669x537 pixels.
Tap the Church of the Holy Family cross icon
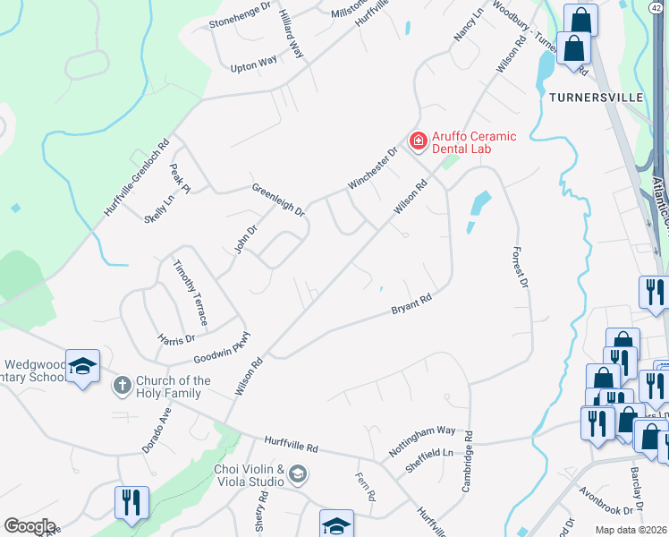122,385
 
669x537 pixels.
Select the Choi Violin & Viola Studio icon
298,473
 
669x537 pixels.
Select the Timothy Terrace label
191,293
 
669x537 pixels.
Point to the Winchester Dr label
371,168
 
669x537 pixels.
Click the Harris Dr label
175,339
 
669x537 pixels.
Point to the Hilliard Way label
292,36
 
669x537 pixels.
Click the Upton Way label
254,65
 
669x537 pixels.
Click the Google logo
30,526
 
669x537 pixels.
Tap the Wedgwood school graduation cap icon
82,366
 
